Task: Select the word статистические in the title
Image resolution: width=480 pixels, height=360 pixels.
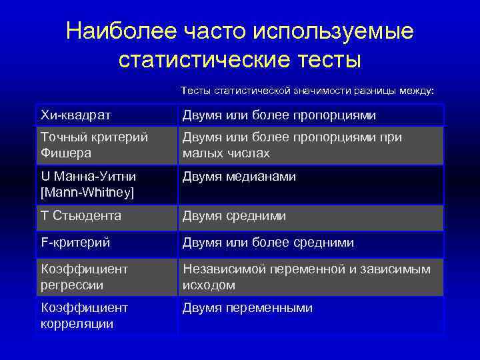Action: (203, 59)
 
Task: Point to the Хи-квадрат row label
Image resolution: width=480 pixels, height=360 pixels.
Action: (76, 115)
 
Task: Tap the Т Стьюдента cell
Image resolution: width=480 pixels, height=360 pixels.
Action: (81, 215)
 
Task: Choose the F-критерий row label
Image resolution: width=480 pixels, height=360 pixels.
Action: (75, 243)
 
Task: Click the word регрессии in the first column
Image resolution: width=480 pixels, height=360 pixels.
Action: (73, 285)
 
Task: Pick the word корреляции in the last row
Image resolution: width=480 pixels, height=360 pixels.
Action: (77, 323)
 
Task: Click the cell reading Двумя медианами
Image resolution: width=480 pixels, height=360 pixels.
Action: (239, 177)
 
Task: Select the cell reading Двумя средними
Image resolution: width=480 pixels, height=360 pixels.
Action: (234, 215)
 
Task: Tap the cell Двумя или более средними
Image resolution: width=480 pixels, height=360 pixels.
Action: (268, 243)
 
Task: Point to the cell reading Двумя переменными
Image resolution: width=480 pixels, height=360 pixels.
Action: (247, 308)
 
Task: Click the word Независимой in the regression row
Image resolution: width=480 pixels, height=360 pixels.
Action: (224, 269)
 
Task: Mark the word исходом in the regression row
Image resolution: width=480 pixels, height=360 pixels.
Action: (209, 285)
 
